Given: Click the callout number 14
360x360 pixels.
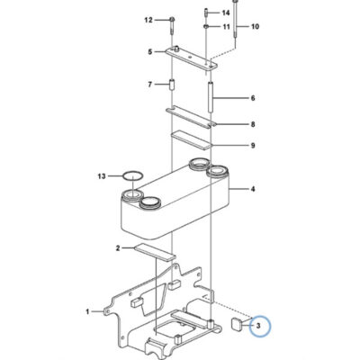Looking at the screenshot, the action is pos(226,13).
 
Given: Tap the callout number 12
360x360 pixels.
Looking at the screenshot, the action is pos(148,20).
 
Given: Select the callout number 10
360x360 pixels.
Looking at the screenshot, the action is pos(255,27).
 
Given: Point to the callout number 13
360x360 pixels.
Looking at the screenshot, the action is pos(102,176).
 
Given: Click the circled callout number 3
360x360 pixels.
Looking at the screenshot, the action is pos(257,326).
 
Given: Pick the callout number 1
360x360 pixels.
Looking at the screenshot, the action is pos(87,312).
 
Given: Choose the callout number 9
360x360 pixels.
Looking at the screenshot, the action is pos(253,146).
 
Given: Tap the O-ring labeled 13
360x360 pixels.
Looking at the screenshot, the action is pos(133,175).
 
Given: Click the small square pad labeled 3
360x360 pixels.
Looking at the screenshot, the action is pos(237,325).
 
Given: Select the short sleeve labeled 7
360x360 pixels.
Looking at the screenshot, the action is pos(172,85).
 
